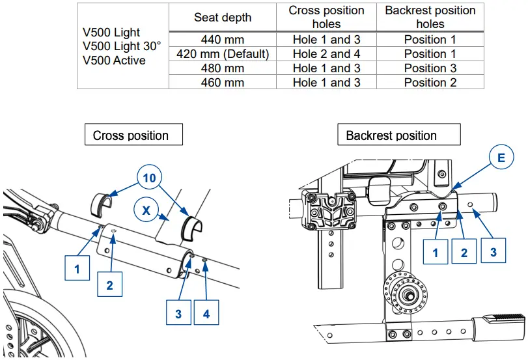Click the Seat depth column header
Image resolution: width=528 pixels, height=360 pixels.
click(222, 18)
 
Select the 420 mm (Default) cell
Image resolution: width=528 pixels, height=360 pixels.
click(223, 54)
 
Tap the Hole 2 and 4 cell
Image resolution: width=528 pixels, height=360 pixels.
click(326, 54)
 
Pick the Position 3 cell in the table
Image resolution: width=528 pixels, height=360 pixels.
click(430, 68)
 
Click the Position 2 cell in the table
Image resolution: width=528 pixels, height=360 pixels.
click(430, 83)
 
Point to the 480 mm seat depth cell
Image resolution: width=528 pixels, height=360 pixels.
click(223, 68)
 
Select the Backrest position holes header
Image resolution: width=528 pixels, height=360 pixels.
click(430, 18)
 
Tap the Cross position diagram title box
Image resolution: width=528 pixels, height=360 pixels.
click(131, 135)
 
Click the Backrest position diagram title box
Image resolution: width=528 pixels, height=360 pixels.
click(391, 135)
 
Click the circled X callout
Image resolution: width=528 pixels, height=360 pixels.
click(146, 210)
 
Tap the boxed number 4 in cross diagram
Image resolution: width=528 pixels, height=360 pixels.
click(206, 314)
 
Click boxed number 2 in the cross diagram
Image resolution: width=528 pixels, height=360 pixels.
click(110, 284)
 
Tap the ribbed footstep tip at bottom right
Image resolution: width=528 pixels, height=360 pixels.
click(505, 318)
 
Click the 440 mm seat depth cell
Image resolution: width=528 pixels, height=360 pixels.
click(223, 40)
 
